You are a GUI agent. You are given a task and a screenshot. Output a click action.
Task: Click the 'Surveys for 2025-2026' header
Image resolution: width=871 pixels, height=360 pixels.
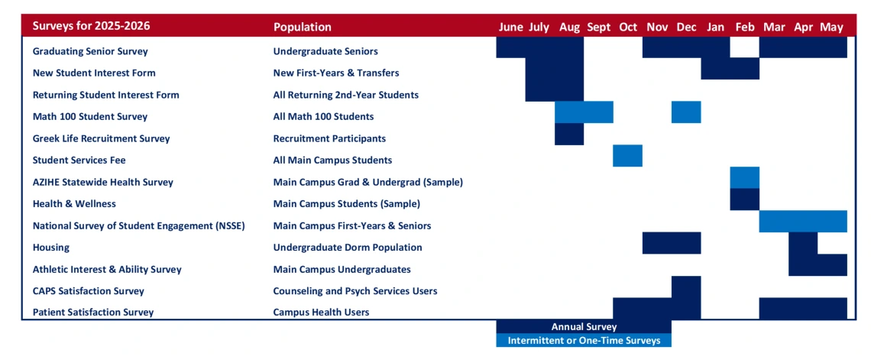click(x=91, y=27)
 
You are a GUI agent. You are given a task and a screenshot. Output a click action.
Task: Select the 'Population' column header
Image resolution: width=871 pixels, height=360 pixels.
click(x=303, y=28)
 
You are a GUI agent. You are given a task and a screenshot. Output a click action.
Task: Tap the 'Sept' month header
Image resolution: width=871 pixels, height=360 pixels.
click(x=598, y=28)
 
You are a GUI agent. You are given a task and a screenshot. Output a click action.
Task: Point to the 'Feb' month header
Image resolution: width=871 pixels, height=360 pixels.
click(x=745, y=28)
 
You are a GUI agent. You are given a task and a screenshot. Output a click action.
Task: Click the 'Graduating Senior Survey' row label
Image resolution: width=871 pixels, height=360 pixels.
click(x=91, y=51)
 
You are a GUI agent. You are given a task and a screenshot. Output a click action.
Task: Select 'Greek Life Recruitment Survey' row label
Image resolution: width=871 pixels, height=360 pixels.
click(x=101, y=138)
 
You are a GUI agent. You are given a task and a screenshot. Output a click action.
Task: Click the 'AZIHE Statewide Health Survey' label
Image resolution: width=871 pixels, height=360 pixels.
click(x=103, y=182)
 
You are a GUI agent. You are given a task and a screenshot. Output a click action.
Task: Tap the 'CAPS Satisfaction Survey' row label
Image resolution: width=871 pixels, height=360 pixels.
click(x=89, y=290)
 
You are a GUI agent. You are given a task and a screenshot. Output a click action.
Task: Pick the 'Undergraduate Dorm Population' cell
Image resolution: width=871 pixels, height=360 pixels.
click(x=348, y=247)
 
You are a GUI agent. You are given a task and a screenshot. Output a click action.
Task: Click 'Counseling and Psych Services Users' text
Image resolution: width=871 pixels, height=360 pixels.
click(x=355, y=290)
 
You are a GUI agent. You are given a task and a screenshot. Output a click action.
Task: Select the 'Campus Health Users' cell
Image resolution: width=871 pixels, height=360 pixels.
click(x=321, y=312)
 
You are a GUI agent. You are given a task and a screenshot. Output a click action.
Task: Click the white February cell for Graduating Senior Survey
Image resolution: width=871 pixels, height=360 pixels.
click(x=745, y=47)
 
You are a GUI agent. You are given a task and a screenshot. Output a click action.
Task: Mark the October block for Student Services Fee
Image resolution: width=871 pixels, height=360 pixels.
click(x=628, y=156)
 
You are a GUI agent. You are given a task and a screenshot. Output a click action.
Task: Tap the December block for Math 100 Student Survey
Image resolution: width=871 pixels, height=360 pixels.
click(x=686, y=112)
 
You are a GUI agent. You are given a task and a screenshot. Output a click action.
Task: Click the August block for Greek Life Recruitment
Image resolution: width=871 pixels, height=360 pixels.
click(x=569, y=134)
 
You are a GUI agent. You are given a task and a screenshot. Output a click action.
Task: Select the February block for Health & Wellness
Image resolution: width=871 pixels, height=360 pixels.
click(x=745, y=199)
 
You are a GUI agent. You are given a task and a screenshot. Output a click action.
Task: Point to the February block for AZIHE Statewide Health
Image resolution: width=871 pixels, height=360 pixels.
click(x=745, y=178)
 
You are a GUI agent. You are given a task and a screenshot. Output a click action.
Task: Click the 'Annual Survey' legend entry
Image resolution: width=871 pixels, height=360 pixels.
click(x=584, y=326)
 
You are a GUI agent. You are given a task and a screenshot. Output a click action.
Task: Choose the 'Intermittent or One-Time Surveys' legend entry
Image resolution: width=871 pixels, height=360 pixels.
click(x=584, y=340)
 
